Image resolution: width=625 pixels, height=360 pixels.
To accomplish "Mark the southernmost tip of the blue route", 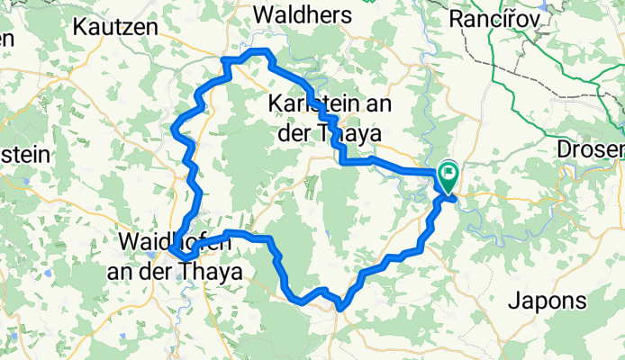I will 340,309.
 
